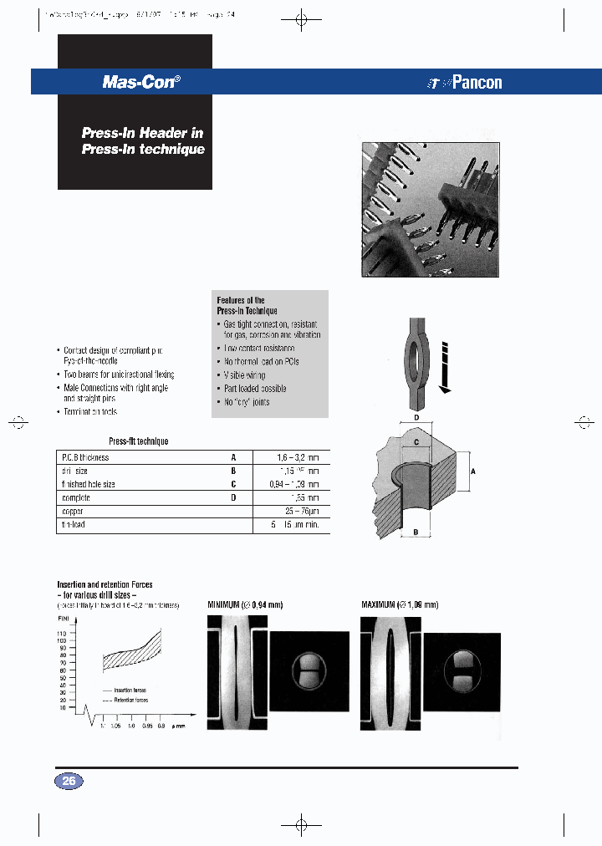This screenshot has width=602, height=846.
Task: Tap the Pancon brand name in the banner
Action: click(x=477, y=82)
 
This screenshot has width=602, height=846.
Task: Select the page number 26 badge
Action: click(x=69, y=782)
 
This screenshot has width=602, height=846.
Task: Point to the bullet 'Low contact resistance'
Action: click(x=260, y=348)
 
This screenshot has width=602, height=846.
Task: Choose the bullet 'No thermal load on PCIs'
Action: click(x=262, y=361)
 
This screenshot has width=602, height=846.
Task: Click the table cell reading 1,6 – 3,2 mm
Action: click(x=297, y=458)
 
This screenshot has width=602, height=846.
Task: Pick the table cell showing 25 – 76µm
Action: click(x=299, y=511)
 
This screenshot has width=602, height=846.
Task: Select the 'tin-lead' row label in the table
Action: click(x=74, y=524)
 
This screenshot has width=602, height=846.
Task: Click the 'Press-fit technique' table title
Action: click(x=139, y=441)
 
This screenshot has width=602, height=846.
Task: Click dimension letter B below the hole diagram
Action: click(x=416, y=531)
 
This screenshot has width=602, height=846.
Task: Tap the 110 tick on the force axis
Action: click(x=62, y=634)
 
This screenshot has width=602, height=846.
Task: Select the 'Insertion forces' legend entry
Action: click(x=129, y=691)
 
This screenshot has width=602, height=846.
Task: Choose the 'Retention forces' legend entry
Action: click(x=130, y=700)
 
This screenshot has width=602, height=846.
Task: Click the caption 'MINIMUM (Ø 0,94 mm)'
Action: click(x=250, y=604)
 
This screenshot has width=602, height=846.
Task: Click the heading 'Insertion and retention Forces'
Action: click(x=105, y=584)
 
